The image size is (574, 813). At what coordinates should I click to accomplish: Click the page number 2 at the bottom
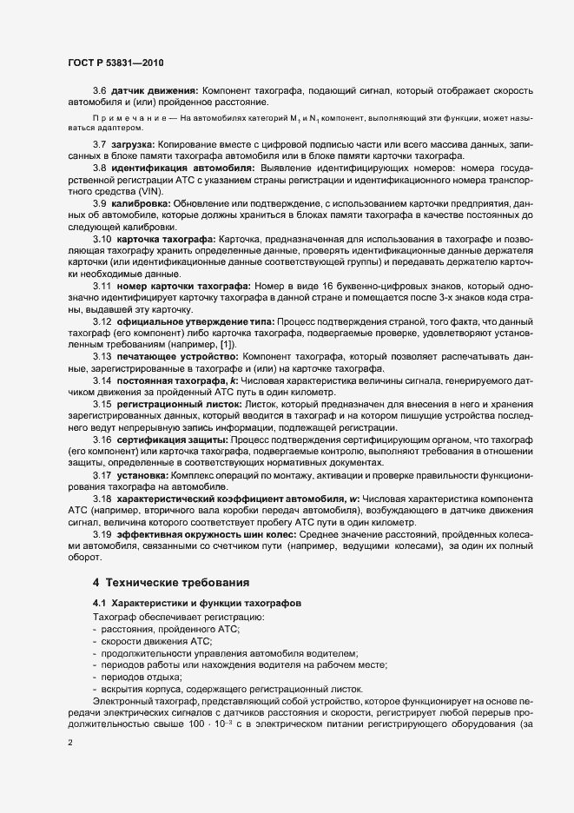[69, 744]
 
